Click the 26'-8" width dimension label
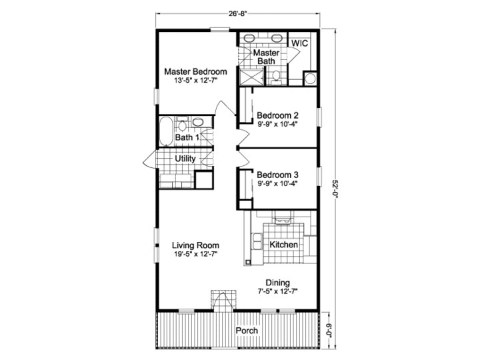point(237,13)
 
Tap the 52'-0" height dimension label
point(335,189)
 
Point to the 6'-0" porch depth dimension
point(329,331)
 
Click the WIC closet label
point(299,43)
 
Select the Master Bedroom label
point(195,71)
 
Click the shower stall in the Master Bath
point(251,77)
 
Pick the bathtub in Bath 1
point(166,131)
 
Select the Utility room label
point(185,159)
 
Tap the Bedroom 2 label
point(277,115)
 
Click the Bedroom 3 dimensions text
point(277,184)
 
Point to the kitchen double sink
point(257,241)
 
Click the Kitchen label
point(283,245)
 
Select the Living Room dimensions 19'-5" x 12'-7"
point(195,254)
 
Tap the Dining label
point(277,283)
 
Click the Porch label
point(247,331)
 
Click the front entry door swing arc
point(224,301)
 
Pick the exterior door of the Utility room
point(150,159)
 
